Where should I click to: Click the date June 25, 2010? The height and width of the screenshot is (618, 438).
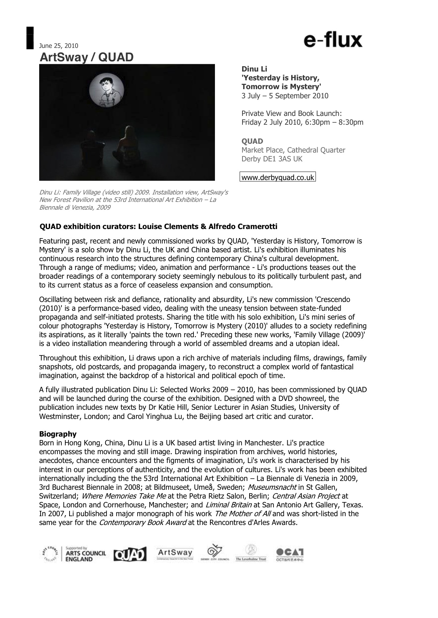tap(59, 46)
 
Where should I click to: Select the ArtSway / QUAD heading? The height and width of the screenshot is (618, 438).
tap(86, 57)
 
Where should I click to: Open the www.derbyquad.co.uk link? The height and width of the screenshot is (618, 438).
tap(278, 177)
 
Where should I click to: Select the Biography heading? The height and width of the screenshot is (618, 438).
tap(58, 434)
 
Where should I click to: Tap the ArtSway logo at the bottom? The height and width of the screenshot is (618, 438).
tap(175, 554)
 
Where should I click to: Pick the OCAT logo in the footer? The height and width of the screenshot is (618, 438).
tap(290, 554)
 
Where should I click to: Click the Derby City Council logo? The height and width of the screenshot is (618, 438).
tap(215, 553)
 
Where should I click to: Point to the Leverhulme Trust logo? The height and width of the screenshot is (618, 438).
tap(251, 553)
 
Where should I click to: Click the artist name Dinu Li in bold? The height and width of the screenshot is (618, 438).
tap(254, 69)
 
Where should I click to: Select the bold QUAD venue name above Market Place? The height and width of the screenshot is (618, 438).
tap(252, 141)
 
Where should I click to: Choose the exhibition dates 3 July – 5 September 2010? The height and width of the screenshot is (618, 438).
tap(285, 96)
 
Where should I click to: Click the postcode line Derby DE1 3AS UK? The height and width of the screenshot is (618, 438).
tap(272, 159)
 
